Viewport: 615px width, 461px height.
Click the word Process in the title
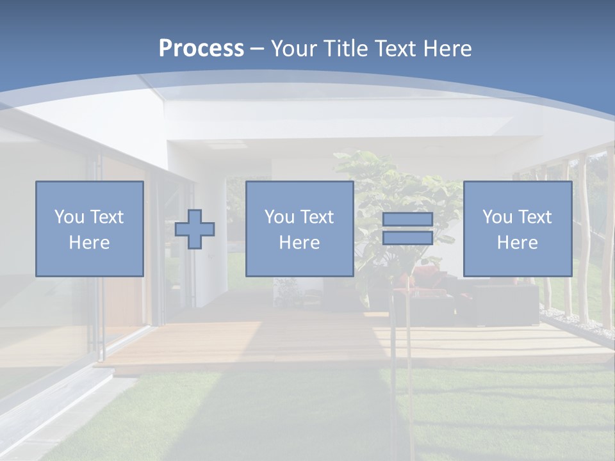201,48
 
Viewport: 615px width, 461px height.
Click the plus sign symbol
195,229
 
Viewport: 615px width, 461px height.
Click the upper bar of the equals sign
407,219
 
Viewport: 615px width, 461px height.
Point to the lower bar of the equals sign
407,238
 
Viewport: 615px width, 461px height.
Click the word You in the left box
69,217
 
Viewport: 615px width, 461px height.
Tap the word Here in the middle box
299,243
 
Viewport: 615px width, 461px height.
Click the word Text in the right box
535,217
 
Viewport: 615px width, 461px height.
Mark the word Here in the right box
518,243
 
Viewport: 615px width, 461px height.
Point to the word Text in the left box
106,217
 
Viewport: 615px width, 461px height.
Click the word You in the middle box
279,217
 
